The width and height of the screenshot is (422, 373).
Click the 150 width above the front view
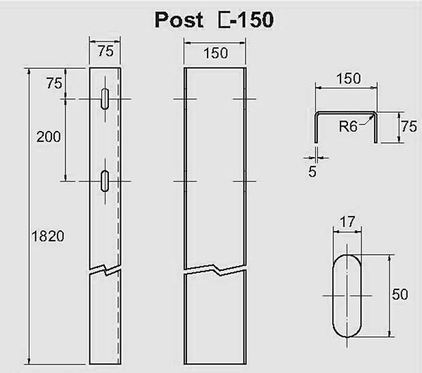[215, 52]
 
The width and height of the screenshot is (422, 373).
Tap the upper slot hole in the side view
[105, 99]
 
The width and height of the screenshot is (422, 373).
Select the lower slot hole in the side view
[105, 181]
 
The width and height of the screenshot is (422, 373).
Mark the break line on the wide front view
[215, 270]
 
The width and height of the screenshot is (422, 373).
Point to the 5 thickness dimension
[312, 170]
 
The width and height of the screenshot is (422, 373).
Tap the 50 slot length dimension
[399, 294]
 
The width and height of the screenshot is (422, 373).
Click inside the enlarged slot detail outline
[346, 294]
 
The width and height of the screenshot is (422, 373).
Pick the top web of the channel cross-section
[347, 113]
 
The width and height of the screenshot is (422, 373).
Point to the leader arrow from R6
[368, 122]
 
